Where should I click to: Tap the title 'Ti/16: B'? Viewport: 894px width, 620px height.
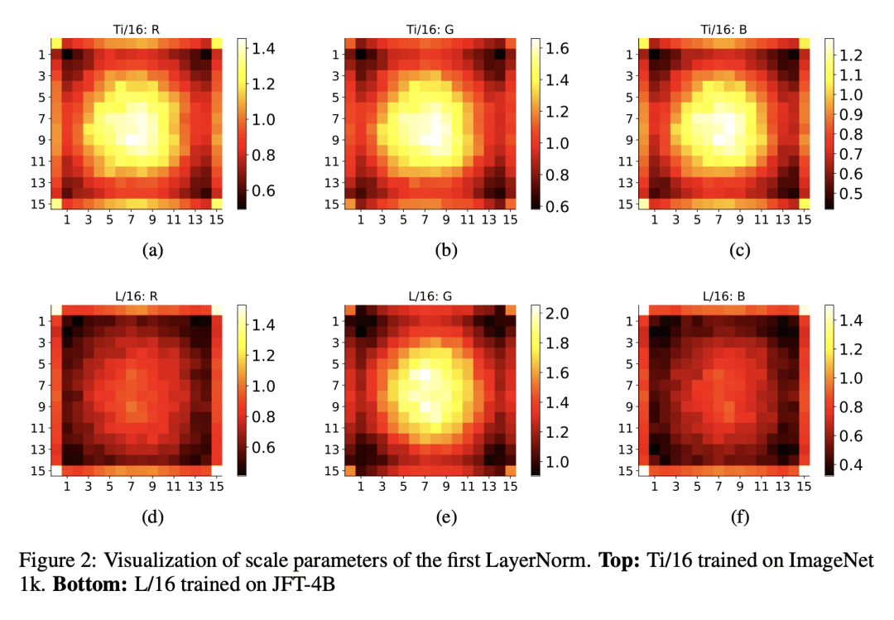[725, 29]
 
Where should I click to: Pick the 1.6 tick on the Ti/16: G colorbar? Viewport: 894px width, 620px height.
[560, 49]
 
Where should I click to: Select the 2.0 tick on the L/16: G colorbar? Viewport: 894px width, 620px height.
[560, 314]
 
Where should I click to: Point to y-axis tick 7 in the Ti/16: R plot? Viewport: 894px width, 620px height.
[42, 118]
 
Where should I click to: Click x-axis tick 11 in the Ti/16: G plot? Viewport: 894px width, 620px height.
[467, 220]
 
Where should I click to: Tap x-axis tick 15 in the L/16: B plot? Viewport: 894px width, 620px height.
[802, 487]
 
